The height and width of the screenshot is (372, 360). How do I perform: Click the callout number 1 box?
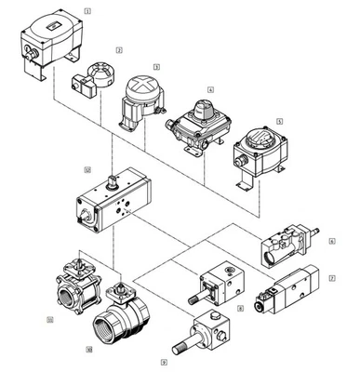point(87,10)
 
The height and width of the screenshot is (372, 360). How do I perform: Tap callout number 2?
point(119,48)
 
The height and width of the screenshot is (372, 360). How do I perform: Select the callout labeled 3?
point(156,66)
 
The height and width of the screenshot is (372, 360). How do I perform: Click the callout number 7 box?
point(331,278)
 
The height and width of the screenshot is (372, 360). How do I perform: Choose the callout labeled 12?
point(87,170)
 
